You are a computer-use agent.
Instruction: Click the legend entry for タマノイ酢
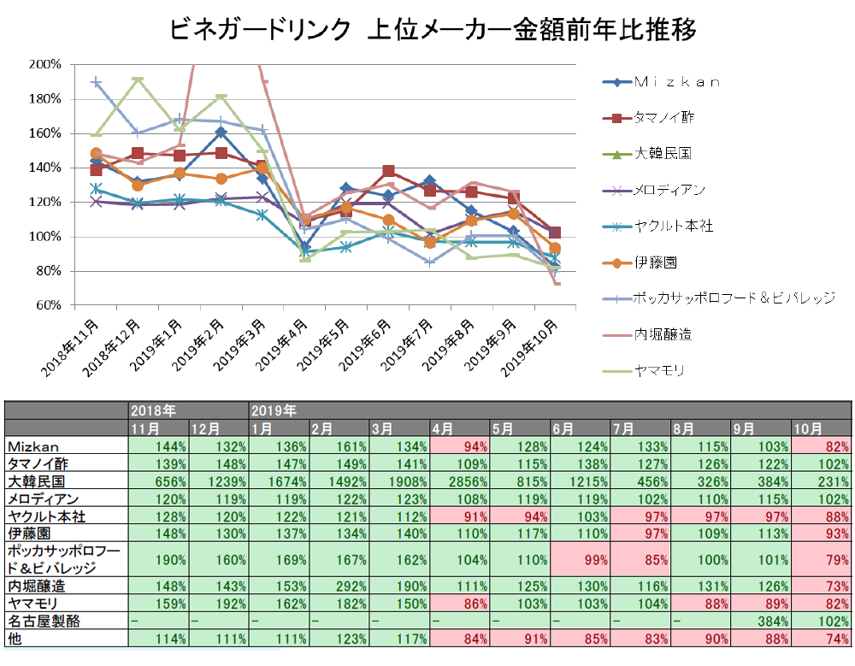[663, 118]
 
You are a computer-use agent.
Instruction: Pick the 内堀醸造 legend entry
[663, 334]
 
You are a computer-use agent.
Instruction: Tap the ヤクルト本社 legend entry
[674, 227]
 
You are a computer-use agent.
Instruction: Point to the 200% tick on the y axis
[44, 64]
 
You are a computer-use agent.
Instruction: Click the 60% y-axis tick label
[47, 305]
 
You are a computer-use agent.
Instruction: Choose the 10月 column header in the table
[808, 428]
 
